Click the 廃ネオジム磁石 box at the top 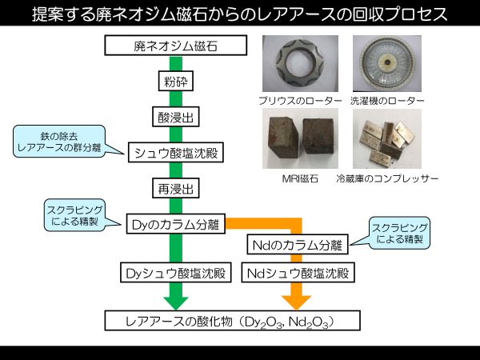(x=176, y=46)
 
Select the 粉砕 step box (x=176, y=81)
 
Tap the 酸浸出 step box (x=176, y=117)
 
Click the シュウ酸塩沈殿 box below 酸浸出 (x=176, y=152)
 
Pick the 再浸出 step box (x=176, y=188)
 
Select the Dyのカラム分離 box (x=176, y=224)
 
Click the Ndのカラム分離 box (x=298, y=244)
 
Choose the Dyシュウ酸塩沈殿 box (x=176, y=272)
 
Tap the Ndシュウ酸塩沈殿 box (x=298, y=272)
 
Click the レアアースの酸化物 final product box (x=232, y=321)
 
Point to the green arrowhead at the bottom (x=176, y=302)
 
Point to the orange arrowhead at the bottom (x=296, y=302)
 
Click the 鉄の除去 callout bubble (x=59, y=142)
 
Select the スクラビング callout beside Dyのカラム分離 (x=74, y=215)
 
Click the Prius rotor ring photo (x=300, y=63)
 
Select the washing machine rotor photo (x=387, y=63)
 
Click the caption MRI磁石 (x=300, y=178)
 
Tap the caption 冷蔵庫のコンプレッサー (x=387, y=178)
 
